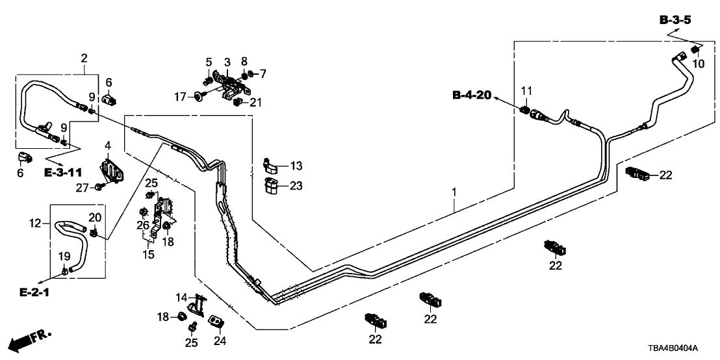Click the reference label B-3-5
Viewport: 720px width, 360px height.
point(675,21)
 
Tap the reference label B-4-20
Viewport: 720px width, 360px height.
point(472,96)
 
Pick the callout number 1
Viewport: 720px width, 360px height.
point(454,192)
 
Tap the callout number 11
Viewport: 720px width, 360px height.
point(526,90)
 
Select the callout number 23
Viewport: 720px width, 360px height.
point(296,186)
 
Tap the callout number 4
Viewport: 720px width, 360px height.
point(107,144)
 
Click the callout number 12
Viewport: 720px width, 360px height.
point(37,223)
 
